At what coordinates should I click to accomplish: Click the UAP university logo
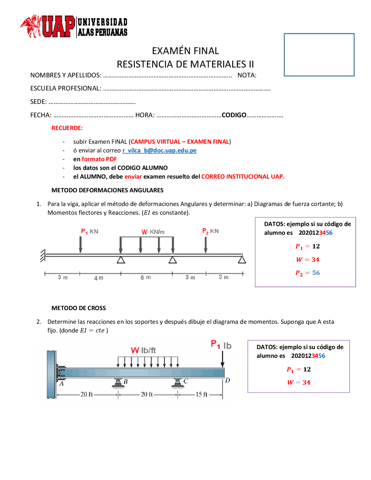tap(74, 27)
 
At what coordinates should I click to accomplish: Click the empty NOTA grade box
tap(319, 55)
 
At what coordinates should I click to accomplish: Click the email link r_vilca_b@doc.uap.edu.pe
tap(159, 150)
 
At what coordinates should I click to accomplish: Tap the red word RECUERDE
tap(67, 128)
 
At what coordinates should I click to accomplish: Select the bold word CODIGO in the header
tap(234, 115)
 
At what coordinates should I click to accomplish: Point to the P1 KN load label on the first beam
tap(90, 231)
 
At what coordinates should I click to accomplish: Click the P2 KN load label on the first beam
tap(210, 231)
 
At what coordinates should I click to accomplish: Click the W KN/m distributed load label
tap(153, 232)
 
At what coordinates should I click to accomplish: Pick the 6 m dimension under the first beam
tap(146, 277)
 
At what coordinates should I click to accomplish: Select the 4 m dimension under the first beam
tap(99, 278)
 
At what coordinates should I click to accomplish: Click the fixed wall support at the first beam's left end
tap(43, 255)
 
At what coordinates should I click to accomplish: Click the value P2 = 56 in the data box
tap(308, 273)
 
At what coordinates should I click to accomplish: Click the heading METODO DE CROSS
tap(79, 308)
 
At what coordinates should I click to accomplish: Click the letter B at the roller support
tap(126, 382)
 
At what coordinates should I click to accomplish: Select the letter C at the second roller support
tap(185, 381)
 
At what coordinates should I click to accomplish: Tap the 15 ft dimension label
tap(201, 394)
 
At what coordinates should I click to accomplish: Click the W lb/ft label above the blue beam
tap(143, 350)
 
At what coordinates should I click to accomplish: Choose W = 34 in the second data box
tap(299, 382)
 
